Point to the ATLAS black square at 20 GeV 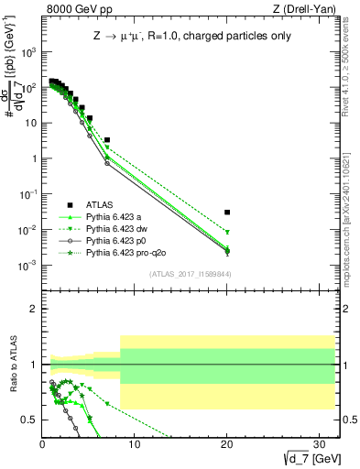(x=227, y=212)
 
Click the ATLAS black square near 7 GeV (x=107, y=140)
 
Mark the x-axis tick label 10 (x=135, y=442)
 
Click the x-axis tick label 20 (x=227, y=442)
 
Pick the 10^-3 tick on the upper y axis (x=30, y=265)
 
